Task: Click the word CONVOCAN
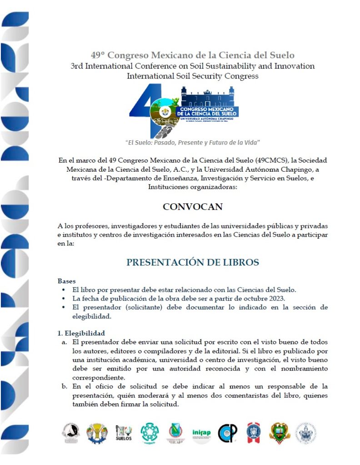point(193,207)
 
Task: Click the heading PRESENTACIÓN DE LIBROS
point(193,262)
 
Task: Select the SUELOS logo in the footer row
point(124,433)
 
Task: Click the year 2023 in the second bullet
point(274,298)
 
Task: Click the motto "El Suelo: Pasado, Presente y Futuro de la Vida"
point(192,143)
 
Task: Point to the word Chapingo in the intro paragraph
point(292,169)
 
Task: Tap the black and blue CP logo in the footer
point(227,433)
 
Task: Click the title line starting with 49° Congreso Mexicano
point(192,55)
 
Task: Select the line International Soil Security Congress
point(192,76)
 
